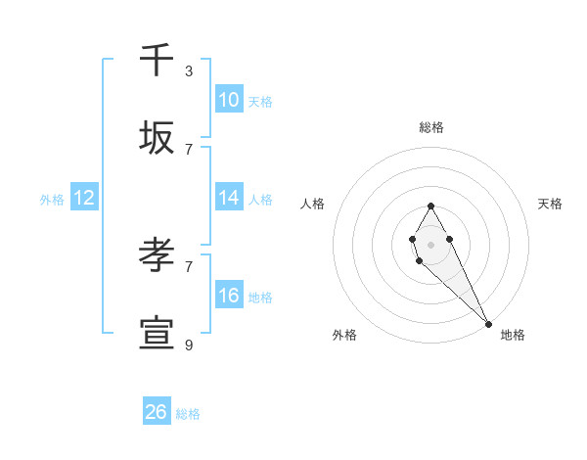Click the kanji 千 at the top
coord(157,60)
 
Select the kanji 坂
coord(157,138)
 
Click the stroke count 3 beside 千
coord(189,70)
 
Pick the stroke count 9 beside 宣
coord(189,345)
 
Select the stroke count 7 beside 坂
coord(189,149)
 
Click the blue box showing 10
coord(229,100)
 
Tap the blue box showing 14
coord(229,198)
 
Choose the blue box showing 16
coord(229,296)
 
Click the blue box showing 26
coord(157,412)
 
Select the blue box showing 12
coord(84,198)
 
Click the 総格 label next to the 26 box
coord(188,414)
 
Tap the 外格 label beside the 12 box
coord(52,199)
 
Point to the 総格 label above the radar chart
coord(430,127)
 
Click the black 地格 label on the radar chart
coord(513,335)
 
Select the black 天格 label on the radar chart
coord(550,204)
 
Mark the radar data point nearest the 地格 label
coord(489,324)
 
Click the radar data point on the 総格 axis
coord(430,206)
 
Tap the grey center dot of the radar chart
coord(430,243)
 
